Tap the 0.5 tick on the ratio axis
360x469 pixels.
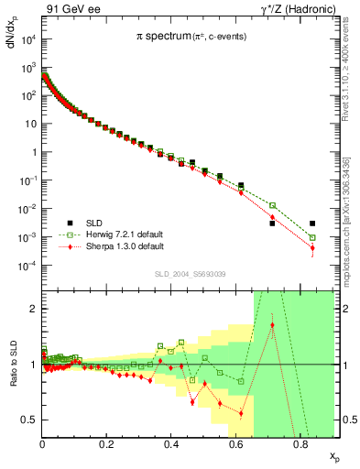pyautogui.click(x=30, y=420)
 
